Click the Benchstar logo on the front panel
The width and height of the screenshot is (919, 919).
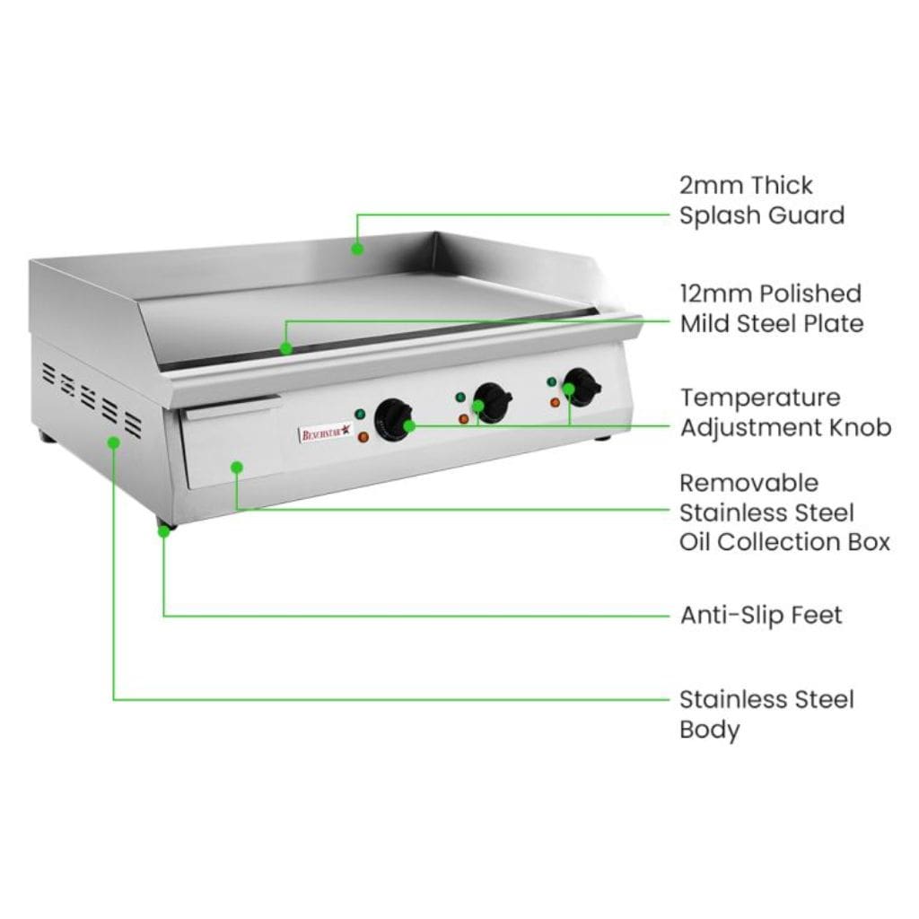pos(327,433)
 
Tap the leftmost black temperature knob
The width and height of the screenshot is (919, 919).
pos(393,420)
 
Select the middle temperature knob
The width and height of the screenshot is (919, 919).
pos(493,403)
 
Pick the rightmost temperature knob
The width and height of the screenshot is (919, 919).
pos(582,387)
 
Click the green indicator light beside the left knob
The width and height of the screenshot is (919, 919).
pos(360,414)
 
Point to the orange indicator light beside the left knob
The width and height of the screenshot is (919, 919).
pos(363,437)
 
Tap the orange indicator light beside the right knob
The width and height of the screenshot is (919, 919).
pos(555,402)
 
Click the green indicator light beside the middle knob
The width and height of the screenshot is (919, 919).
pos(460,398)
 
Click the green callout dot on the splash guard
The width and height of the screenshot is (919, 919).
pos(357,249)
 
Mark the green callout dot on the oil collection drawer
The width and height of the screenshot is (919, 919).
pos(237,467)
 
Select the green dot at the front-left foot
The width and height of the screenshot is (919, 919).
pos(164,531)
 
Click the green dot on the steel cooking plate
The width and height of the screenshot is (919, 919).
pos(286,348)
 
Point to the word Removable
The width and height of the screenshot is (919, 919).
pos(749,484)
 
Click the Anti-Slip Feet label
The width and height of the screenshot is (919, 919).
pos(761,616)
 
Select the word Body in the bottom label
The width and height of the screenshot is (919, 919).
pos(709,730)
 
